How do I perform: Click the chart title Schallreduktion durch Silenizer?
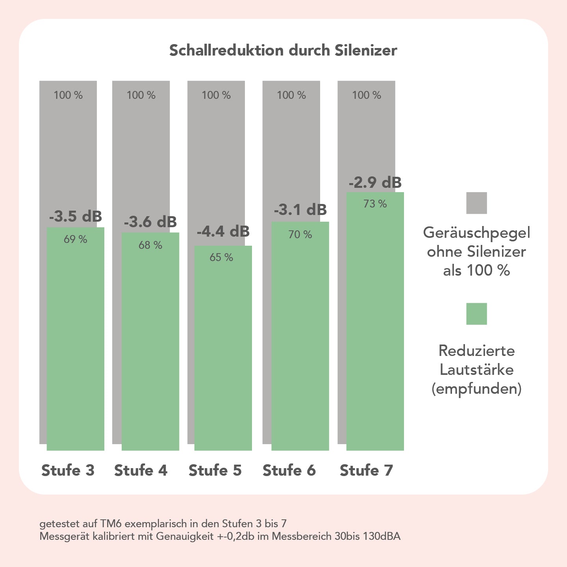tap(283, 50)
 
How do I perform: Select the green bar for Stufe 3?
tap(76, 343)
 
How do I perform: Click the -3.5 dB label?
tap(76, 216)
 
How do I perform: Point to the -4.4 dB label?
tap(223, 231)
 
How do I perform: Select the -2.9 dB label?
tap(375, 182)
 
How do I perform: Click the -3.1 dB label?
tap(300, 209)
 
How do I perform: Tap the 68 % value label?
tap(150, 245)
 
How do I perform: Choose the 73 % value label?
tap(375, 204)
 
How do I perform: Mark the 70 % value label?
tap(300, 235)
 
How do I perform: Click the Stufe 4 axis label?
tap(141, 470)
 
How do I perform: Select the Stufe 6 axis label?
tap(289, 470)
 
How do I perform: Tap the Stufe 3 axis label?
tap(68, 470)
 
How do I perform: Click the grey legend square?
tap(476, 203)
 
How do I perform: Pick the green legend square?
tap(476, 314)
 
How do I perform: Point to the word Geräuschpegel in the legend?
tap(476, 233)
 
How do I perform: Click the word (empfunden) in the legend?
tap(476, 389)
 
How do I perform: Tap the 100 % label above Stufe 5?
tap(216, 95)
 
